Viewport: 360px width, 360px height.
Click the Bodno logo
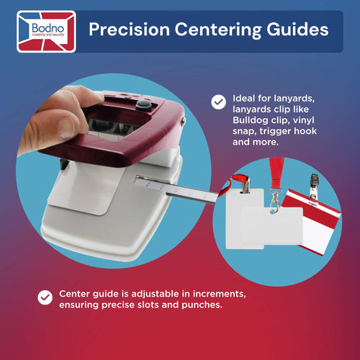coord(46,32)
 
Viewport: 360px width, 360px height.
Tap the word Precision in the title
coord(129,30)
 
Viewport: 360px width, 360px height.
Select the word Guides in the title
coord(297,30)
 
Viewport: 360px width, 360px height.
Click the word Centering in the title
coord(218,30)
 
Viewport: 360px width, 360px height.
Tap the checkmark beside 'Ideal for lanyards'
coord(218,102)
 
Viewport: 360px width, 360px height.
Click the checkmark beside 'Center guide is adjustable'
coord(45,297)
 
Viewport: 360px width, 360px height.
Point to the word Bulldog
coord(250,120)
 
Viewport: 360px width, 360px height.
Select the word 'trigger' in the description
coord(275,132)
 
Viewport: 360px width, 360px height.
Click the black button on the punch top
coord(143,105)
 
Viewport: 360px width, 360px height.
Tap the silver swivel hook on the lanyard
coord(274,201)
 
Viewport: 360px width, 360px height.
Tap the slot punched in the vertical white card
coord(245,192)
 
